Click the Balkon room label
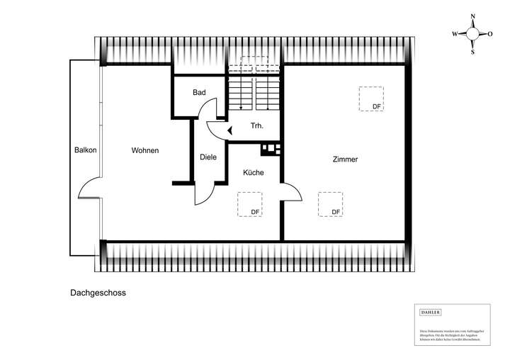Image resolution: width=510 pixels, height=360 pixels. [x=85, y=150]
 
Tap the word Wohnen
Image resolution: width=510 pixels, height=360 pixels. [x=144, y=150]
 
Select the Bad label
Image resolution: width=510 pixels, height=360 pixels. [x=199, y=93]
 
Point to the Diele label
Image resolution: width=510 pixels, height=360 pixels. [x=208, y=157]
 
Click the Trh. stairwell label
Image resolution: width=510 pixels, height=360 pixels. [x=256, y=126]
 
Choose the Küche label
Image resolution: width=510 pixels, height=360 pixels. [x=253, y=173]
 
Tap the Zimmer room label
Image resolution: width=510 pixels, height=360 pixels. [x=345, y=159]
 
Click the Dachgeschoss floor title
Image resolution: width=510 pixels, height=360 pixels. [x=98, y=291]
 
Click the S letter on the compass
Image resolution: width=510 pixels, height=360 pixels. [x=473, y=51]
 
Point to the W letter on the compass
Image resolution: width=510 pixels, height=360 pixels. [x=455, y=33]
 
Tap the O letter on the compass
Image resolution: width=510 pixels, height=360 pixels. [x=490, y=33]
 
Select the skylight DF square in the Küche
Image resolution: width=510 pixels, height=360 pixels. [x=250, y=204]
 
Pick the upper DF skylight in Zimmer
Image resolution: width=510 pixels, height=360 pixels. [x=370, y=99]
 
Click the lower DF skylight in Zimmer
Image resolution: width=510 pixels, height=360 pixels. [x=331, y=204]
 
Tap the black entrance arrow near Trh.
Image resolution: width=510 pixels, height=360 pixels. [x=229, y=129]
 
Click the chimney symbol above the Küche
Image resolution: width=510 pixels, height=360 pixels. [x=271, y=149]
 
